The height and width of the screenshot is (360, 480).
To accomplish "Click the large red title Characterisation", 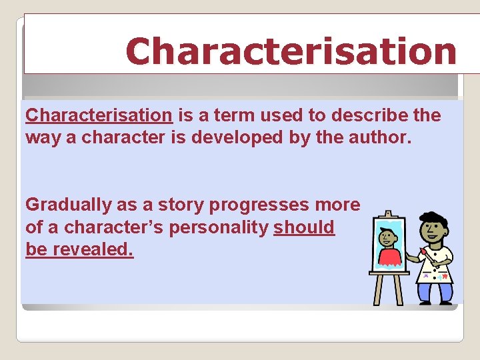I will [x=291, y=51].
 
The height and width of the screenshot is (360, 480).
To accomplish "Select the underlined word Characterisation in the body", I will [x=99, y=115].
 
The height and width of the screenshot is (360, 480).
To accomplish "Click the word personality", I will [x=219, y=227].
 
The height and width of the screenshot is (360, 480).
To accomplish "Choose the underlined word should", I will [x=304, y=227].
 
